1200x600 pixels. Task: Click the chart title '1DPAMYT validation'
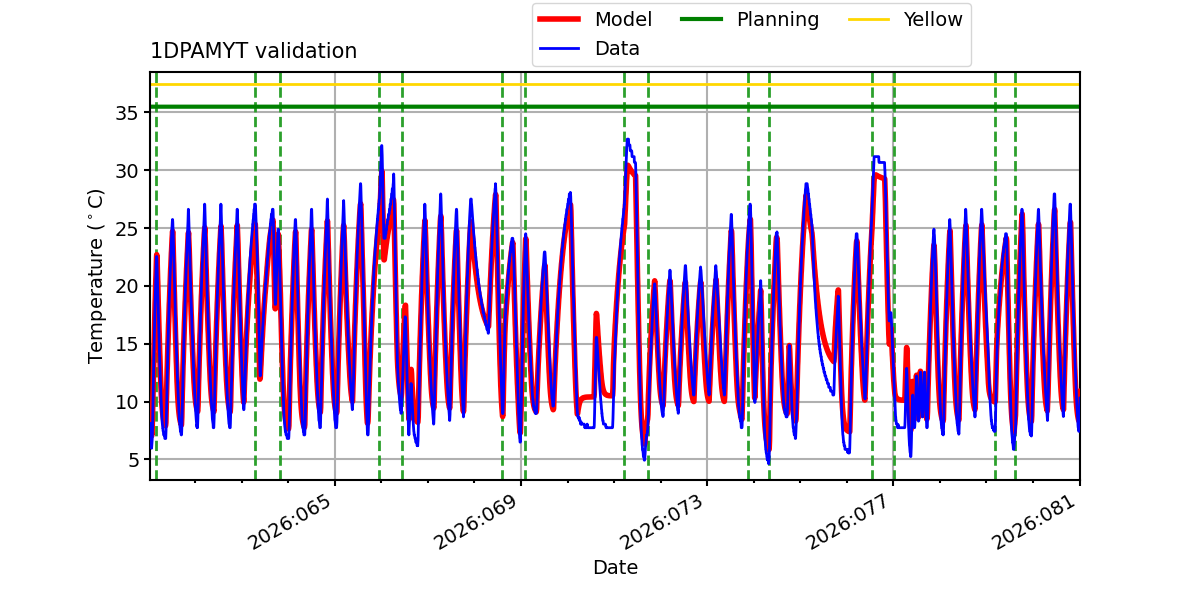[253, 51]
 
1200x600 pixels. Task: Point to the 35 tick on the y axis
[125, 112]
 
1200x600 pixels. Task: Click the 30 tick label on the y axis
[125, 170]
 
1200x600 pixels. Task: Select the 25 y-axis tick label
[125, 228]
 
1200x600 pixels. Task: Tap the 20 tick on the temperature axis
[125, 286]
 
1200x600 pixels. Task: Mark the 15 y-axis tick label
[125, 344]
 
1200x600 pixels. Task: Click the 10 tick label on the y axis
[125, 402]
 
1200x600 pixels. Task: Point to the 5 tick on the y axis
[131, 460]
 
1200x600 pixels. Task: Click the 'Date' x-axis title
[615, 568]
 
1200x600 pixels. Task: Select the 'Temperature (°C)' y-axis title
[97, 275]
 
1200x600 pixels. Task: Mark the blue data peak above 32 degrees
[627, 140]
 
